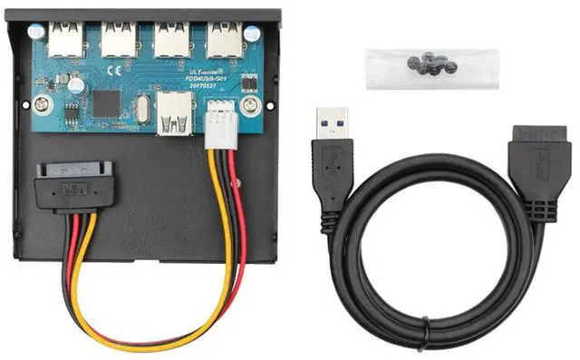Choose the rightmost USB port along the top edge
(222, 37)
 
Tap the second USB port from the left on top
(117, 36)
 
